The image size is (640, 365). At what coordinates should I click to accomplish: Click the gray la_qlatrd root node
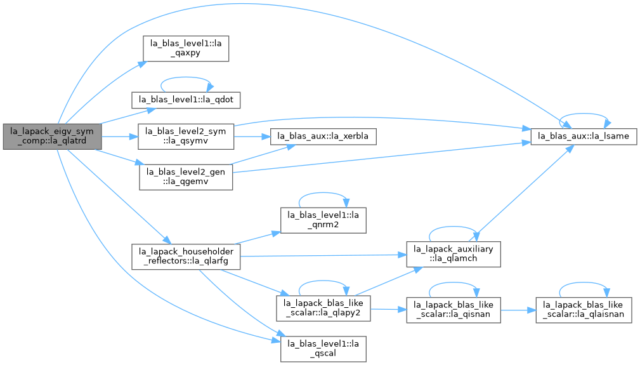coord(52,136)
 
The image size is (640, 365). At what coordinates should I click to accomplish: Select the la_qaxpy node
coord(186,49)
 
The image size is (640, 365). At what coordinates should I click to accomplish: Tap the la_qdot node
coord(186,100)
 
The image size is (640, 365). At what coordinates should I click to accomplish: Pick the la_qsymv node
coord(186,136)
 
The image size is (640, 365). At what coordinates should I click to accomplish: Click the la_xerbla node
coord(323,136)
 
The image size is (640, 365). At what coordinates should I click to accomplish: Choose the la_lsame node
coord(584,136)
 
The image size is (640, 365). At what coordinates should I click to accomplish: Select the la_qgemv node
coord(186,177)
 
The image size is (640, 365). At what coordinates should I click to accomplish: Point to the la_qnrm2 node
coord(323,220)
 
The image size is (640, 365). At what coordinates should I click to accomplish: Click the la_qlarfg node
coord(186,257)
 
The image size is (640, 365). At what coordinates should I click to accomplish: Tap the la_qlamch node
coord(453,255)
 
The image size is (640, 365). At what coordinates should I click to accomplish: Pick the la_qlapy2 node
coord(323,309)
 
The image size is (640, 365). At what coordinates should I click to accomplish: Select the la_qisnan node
coord(453,310)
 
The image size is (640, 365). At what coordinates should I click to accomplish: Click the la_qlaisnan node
coord(584,310)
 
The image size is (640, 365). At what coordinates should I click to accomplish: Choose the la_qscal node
coord(323,349)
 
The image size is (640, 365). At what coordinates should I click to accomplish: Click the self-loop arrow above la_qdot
coord(186,77)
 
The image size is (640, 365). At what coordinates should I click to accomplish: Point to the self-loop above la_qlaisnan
coord(584,282)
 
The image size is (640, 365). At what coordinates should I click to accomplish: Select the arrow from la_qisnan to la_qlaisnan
coord(518,310)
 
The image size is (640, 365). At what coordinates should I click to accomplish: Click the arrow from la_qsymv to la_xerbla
coord(252,136)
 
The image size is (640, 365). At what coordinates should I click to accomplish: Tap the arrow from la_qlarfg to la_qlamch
coord(323,256)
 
